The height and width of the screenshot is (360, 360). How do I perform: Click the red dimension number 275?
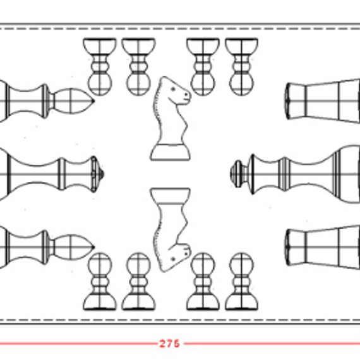click(x=169, y=344)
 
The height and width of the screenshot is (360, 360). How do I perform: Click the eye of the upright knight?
click(x=173, y=89)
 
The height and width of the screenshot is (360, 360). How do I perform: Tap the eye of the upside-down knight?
click(x=173, y=259)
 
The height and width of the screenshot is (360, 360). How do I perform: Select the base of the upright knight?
click(x=170, y=152)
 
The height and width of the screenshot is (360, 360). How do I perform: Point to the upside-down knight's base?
click(x=170, y=196)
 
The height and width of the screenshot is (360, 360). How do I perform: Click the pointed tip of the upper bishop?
click(x=93, y=101)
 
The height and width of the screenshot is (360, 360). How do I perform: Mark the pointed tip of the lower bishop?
click(x=93, y=248)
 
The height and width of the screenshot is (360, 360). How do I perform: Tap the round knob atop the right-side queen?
click(x=236, y=174)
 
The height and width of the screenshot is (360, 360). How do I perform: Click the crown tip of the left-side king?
click(x=102, y=174)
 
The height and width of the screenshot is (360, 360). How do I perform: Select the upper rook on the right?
click(x=323, y=101)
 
